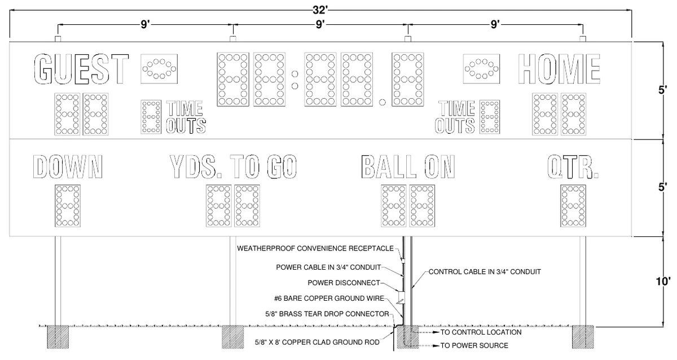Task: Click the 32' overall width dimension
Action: click(x=320, y=10)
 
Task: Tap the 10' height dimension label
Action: click(x=663, y=282)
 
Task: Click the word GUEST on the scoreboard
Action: click(x=81, y=69)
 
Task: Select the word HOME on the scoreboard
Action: click(x=559, y=69)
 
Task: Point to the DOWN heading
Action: click(x=68, y=166)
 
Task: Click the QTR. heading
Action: click(x=573, y=166)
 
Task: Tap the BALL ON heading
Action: click(x=408, y=166)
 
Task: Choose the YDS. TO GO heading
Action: click(x=233, y=166)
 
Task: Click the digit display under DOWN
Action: click(x=68, y=206)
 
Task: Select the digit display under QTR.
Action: click(x=573, y=206)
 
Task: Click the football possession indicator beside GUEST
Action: click(x=159, y=69)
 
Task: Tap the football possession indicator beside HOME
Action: click(x=481, y=69)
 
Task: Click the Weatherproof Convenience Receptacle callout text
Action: click(x=315, y=248)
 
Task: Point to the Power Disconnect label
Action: click(x=344, y=283)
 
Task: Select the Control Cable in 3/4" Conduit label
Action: click(x=485, y=272)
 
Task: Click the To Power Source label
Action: click(x=474, y=345)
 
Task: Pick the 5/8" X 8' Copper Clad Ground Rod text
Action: click(x=317, y=342)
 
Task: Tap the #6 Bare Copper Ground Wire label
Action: click(x=329, y=298)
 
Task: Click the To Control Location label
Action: click(x=481, y=332)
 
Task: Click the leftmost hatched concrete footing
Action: click(x=58, y=337)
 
